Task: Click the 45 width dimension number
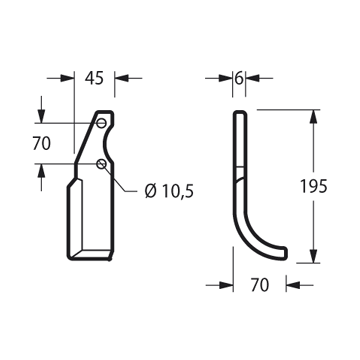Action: coord(94,78)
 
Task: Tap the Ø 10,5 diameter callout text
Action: coord(169,191)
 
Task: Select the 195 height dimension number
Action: coord(314,186)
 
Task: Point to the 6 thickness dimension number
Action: coord(238,78)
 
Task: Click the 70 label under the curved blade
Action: coord(260,285)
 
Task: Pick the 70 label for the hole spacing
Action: coord(42,144)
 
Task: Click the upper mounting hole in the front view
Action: coord(101,123)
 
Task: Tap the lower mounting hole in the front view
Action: coord(101,164)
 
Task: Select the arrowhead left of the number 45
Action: coord(67,78)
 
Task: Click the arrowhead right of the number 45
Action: coord(122,78)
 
